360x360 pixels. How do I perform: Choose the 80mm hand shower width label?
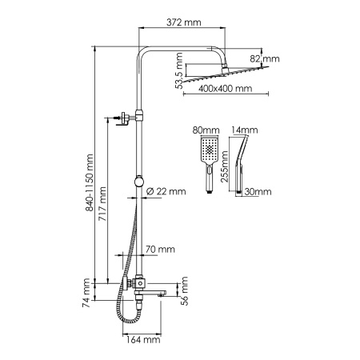[x=206, y=128]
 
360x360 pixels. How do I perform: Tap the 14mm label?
[x=242, y=128]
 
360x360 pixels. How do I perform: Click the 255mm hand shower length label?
[x=226, y=173]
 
